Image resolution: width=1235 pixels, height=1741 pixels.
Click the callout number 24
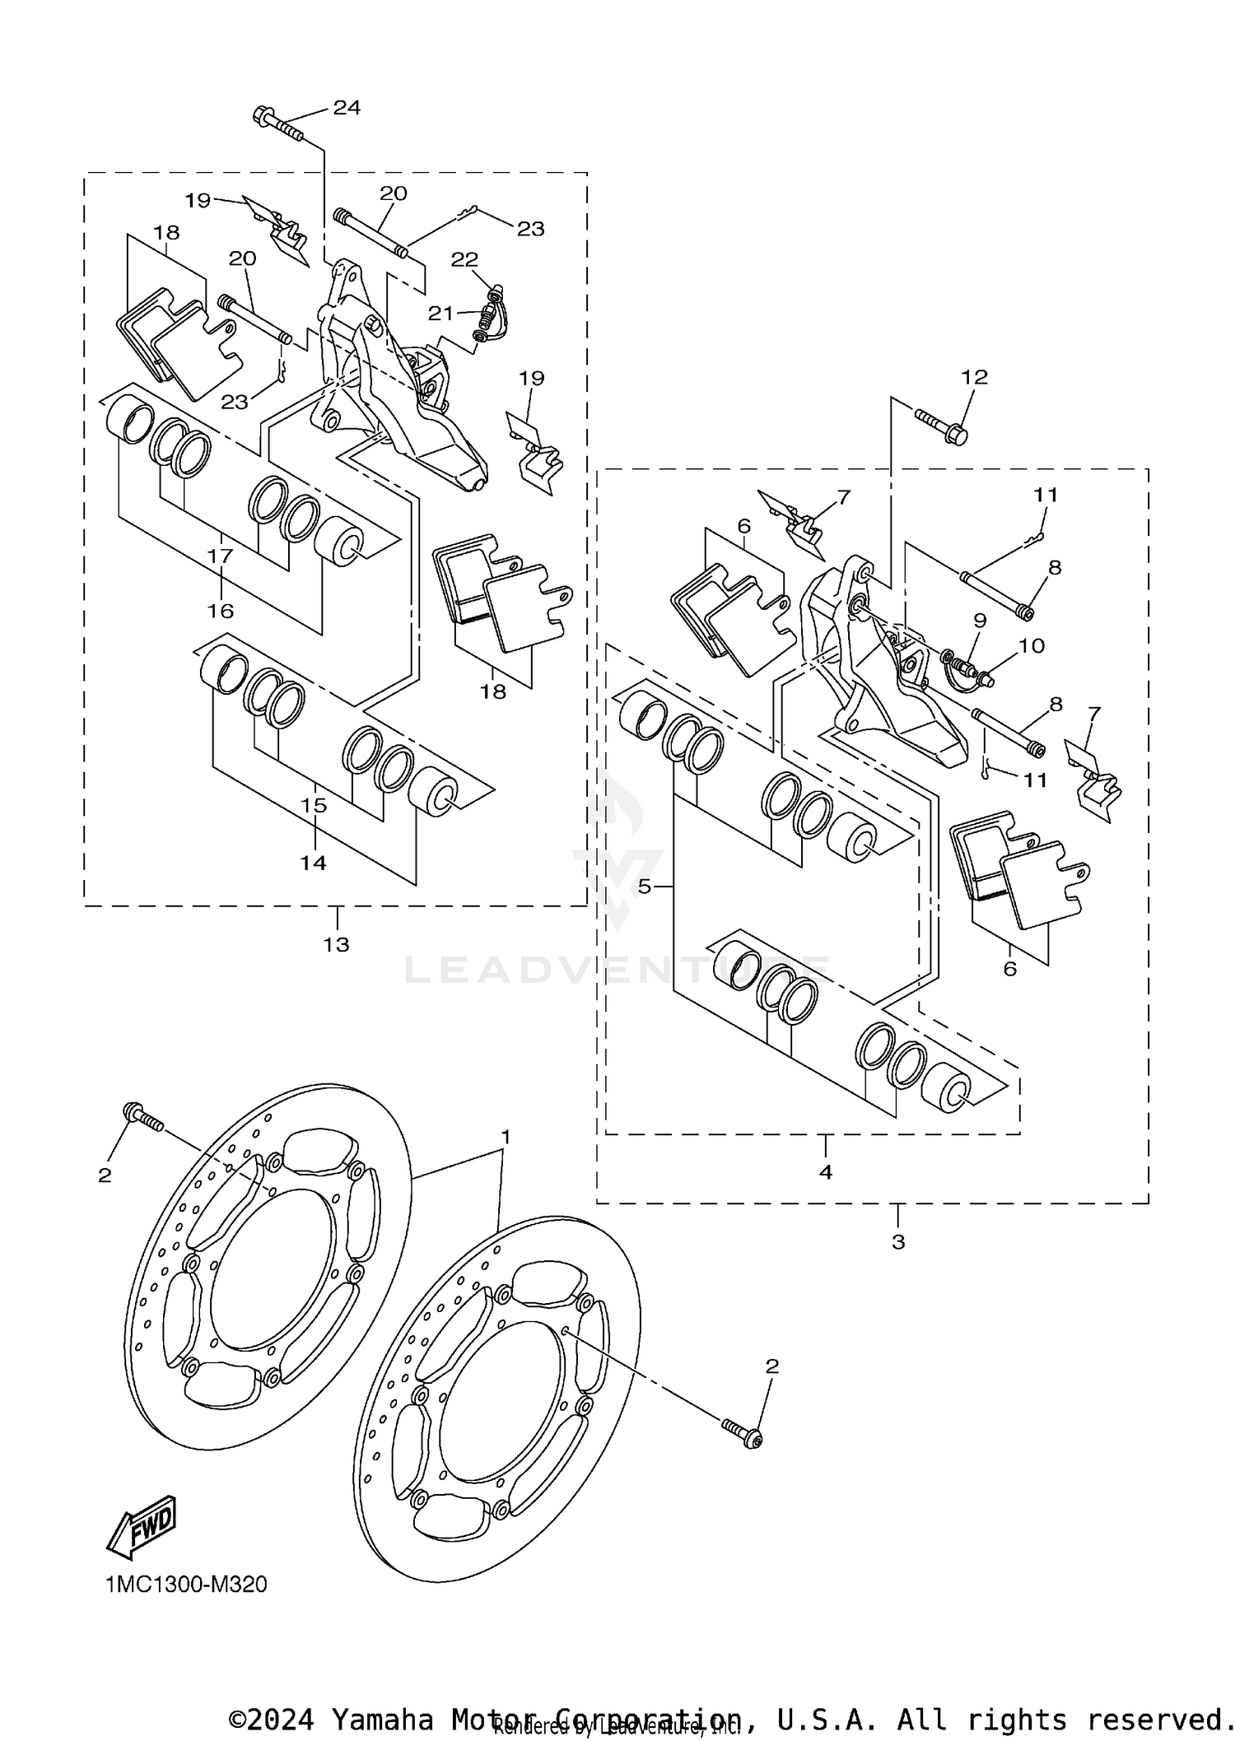[347, 108]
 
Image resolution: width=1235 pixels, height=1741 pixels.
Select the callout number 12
[974, 377]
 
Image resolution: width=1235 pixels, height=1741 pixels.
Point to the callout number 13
[336, 944]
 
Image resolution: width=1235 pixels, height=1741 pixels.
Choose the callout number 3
[898, 1241]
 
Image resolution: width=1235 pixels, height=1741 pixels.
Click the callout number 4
[826, 1172]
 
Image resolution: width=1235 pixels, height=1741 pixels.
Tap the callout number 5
[645, 887]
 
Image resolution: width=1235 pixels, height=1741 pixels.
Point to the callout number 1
[506, 1137]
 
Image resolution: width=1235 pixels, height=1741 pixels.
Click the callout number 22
[464, 259]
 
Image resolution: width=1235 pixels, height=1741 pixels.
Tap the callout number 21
[440, 313]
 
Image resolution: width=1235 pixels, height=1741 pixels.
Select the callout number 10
[1032, 645]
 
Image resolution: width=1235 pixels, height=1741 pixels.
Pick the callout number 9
[979, 620]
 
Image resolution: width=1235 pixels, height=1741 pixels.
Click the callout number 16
[221, 611]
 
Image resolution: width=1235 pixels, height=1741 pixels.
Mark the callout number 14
[313, 863]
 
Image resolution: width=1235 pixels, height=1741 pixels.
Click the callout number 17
[221, 556]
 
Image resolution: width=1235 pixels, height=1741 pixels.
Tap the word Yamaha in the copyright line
[381, 1720]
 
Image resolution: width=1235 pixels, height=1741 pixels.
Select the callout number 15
[314, 806]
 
